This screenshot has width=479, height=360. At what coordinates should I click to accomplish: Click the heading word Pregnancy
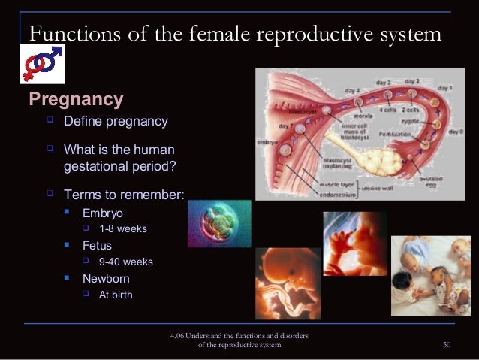tap(75, 99)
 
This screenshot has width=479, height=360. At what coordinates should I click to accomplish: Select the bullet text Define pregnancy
tap(116, 121)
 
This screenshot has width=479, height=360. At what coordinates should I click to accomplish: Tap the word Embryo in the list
tap(102, 213)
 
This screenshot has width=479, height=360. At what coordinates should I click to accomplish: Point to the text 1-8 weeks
tap(122, 228)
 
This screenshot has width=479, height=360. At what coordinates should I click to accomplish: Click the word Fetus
tap(97, 245)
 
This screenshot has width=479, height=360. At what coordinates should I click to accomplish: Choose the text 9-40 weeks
tap(125, 262)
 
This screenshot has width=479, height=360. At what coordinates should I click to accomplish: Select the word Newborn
tap(106, 278)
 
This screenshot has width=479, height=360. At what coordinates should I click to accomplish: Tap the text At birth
tap(116, 295)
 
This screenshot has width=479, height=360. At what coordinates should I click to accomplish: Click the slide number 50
tap(447, 344)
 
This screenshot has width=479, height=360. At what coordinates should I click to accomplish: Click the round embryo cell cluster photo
tap(218, 223)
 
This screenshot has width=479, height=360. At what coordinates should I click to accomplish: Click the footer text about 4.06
tap(239, 339)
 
